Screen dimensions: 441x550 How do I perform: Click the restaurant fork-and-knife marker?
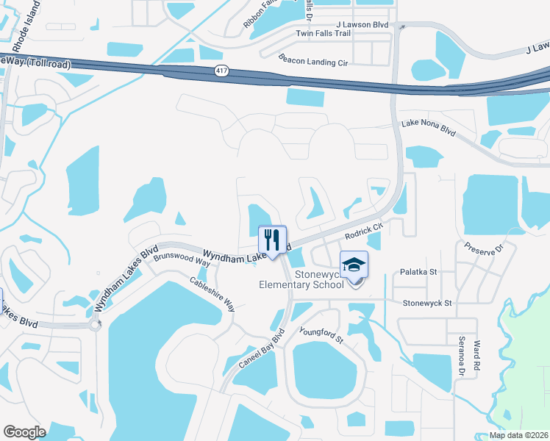click(x=272, y=240)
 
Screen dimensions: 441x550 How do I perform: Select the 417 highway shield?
click(x=221, y=71)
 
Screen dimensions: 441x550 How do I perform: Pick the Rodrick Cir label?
click(x=365, y=232)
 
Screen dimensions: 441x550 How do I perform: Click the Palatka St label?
click(x=418, y=272)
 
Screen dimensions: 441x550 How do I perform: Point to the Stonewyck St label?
click(x=427, y=302)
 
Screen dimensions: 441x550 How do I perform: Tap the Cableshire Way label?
click(x=212, y=293)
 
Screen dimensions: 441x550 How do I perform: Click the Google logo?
click(x=25, y=431)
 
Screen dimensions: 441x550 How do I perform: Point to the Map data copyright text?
click(x=518, y=434)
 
